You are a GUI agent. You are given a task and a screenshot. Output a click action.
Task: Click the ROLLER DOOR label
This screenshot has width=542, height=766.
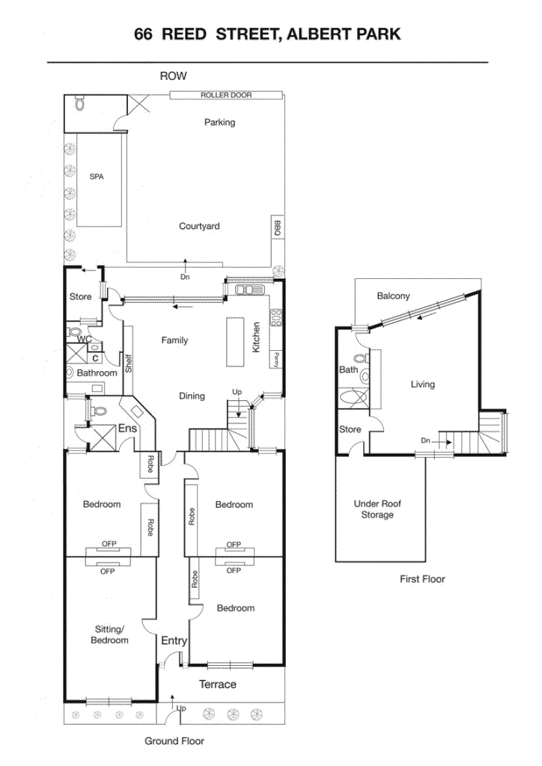pos(225,95)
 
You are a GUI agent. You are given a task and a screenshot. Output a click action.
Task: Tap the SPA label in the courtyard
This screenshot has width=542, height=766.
pos(96,177)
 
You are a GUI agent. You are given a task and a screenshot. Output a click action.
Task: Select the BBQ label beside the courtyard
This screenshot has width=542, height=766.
pos(276,227)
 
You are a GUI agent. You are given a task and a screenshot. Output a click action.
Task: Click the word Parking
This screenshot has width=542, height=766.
pos(219,122)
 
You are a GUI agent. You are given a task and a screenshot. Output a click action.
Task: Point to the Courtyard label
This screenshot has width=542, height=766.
pos(199,226)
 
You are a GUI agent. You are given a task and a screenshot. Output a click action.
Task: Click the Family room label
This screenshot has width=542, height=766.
pos(174,340)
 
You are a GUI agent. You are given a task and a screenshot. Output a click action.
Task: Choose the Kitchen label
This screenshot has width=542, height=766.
pos(256,338)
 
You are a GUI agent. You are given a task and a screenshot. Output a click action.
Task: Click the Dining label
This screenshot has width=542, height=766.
pos(192,396)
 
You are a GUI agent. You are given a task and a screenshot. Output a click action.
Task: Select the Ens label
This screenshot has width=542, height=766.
pos(127,429)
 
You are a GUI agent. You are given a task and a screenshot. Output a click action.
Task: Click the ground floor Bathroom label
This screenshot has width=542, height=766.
pos(97,373)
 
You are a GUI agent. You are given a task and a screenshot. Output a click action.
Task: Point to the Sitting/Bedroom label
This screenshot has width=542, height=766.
pos(109,634)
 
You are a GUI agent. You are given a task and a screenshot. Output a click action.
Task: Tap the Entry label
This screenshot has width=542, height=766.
pos(174,640)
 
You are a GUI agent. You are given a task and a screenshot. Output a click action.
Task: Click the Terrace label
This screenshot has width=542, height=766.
pos(217,684)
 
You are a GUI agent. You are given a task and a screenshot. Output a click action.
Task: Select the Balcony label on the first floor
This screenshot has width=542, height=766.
pos(393,295)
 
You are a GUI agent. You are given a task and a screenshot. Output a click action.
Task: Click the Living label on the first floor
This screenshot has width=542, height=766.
pos(422,384)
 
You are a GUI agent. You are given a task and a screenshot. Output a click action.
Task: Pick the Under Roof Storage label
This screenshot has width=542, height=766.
pos(377,509)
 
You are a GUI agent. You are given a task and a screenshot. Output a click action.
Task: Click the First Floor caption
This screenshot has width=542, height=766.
pos(422,578)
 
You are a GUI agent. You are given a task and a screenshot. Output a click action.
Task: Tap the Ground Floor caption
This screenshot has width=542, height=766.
pos(174,741)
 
